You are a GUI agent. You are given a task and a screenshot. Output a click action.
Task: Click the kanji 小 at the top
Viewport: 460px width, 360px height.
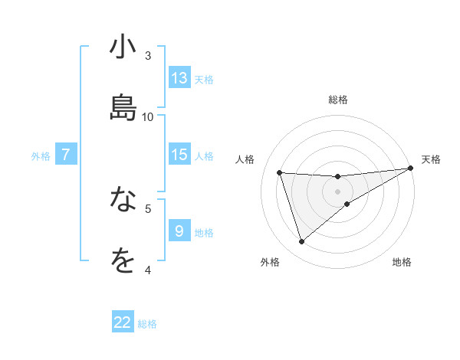point(123,48)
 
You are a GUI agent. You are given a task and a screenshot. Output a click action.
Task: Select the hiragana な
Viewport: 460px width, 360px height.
point(123,201)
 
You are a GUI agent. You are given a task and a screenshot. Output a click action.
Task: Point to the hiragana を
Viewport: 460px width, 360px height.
point(123,261)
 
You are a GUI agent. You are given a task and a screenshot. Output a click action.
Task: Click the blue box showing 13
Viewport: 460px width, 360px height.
point(179,78)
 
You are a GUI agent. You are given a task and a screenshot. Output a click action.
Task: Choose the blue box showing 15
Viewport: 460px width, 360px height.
point(179,155)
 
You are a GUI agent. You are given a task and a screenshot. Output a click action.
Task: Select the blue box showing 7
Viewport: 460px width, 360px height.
point(66,155)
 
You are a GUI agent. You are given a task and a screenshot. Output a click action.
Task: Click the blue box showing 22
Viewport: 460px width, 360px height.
point(123,322)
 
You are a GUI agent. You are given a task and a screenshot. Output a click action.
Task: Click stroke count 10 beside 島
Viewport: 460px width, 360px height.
point(148,116)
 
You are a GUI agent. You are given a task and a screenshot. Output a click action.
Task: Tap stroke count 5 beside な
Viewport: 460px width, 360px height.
point(148,208)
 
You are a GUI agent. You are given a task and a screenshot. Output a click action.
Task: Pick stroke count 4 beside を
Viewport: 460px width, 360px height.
point(148,269)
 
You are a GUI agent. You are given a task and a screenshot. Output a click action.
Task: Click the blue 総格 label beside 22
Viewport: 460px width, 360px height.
point(147,324)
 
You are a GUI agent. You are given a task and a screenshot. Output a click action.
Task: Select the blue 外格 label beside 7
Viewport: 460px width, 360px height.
point(41,156)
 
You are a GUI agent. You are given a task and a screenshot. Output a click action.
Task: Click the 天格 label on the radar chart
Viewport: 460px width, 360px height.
point(431,159)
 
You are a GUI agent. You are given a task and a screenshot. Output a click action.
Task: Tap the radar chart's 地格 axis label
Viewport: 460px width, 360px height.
point(402,262)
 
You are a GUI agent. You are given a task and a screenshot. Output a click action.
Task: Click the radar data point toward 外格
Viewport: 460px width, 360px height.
point(301,242)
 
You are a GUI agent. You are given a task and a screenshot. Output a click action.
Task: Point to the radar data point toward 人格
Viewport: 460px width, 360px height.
point(280,172)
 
